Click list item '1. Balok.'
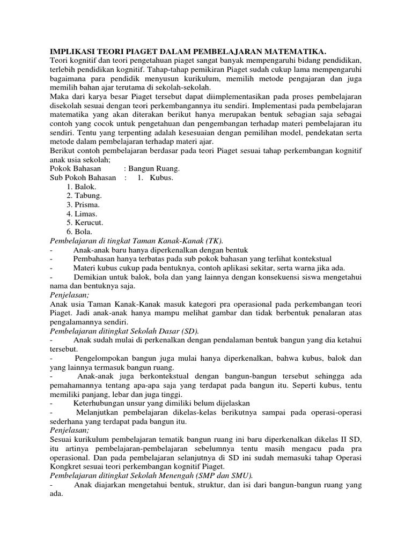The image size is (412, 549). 82,187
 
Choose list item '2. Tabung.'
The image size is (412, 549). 84,196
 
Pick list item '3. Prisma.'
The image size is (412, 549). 83,204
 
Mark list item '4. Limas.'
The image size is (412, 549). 82,213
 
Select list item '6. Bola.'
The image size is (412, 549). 80,232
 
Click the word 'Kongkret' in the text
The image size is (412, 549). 65,466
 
